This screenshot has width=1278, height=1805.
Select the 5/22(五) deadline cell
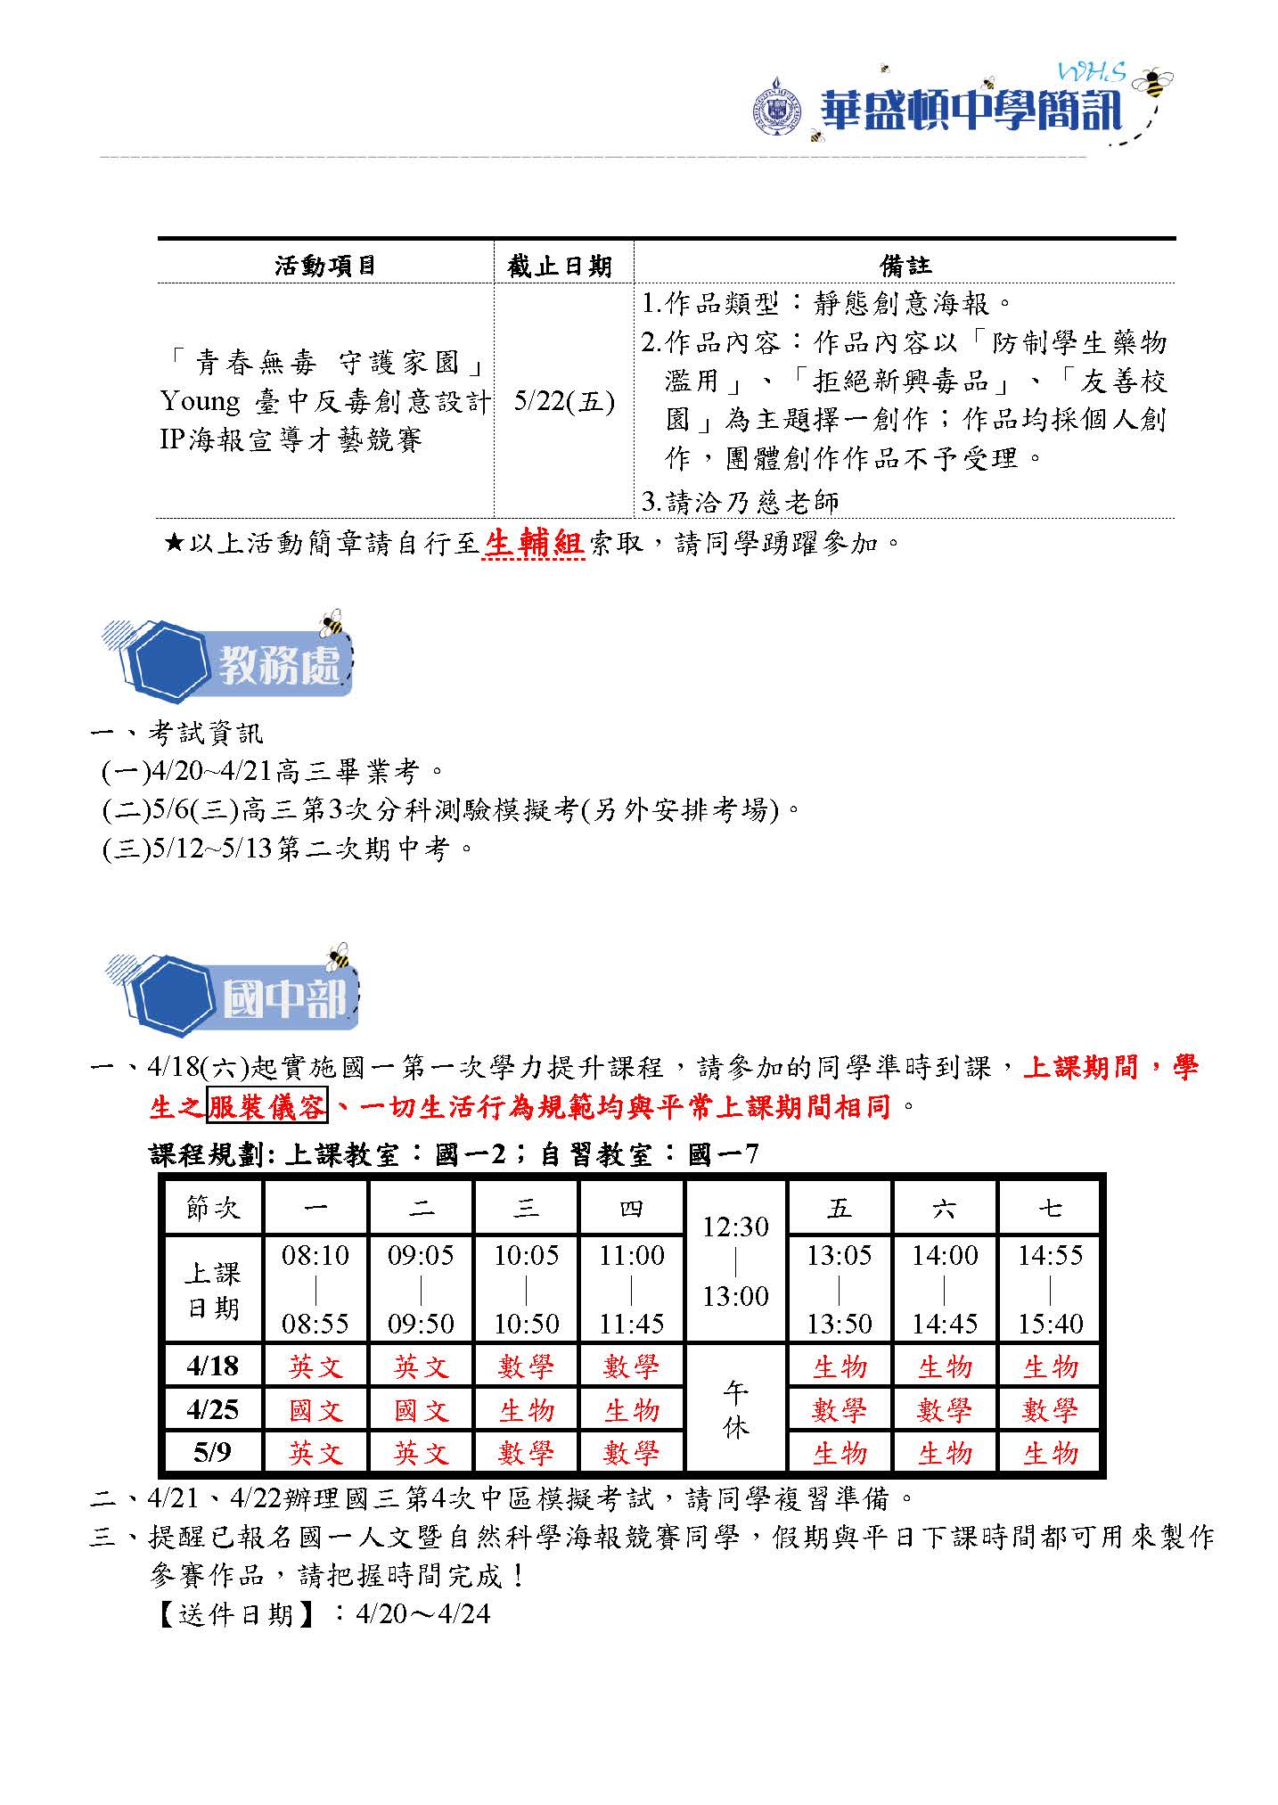(564, 402)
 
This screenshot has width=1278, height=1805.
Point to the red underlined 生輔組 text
(533, 543)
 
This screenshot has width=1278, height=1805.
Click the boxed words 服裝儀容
(267, 1107)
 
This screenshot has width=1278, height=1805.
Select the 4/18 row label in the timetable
(212, 1366)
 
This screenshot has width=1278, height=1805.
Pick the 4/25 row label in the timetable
(212, 1409)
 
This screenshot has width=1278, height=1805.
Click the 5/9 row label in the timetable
(212, 1453)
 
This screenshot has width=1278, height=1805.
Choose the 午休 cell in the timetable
(735, 1409)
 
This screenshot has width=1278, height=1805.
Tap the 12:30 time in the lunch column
(735, 1227)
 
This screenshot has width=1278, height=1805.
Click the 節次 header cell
(213, 1208)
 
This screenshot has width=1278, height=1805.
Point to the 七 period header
(1050, 1208)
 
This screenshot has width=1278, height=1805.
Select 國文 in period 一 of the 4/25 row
(315, 1410)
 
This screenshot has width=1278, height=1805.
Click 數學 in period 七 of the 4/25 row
(1050, 1410)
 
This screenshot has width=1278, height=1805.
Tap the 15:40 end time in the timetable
(1050, 1324)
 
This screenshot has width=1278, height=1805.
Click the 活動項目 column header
(325, 266)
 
